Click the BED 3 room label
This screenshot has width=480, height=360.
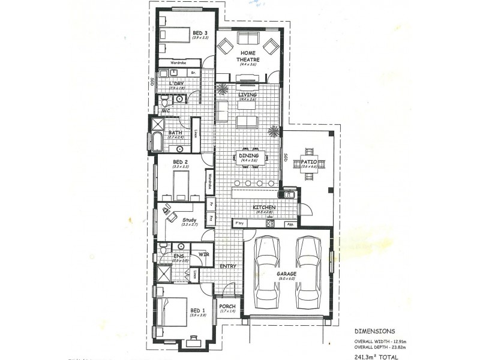pyautogui.click(x=200, y=32)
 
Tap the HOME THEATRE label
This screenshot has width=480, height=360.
pyautogui.click(x=249, y=57)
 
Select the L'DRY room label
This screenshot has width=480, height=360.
pyautogui.click(x=176, y=83)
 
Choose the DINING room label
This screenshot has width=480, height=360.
pyautogui.click(x=248, y=155)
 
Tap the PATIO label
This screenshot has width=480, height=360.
pyautogui.click(x=309, y=161)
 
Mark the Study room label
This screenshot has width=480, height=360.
pyautogui.click(x=190, y=220)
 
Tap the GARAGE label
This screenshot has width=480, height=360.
pyautogui.click(x=287, y=274)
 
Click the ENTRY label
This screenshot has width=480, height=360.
pyautogui.click(x=228, y=266)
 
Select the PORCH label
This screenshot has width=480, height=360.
pyautogui.click(x=227, y=306)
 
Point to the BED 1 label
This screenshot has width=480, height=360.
pyautogui.click(x=198, y=310)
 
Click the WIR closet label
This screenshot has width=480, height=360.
pyautogui.click(x=203, y=254)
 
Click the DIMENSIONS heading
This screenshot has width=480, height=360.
pyautogui.click(x=374, y=330)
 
